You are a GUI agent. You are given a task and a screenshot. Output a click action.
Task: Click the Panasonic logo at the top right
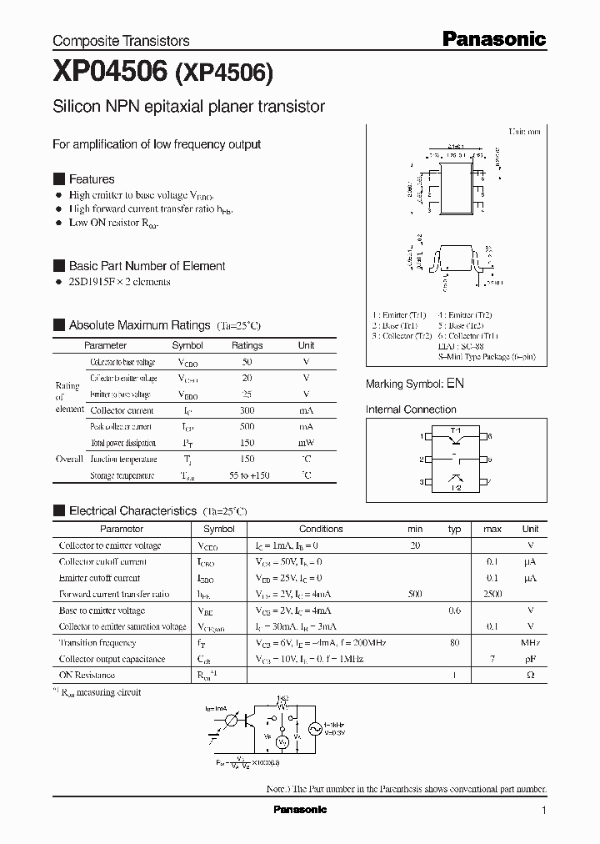493,38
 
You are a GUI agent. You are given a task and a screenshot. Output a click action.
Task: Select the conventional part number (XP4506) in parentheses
223,74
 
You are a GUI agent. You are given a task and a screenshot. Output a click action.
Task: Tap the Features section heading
92,179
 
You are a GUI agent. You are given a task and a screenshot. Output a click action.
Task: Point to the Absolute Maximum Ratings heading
139,325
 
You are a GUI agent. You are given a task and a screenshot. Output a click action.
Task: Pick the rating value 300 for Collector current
247,410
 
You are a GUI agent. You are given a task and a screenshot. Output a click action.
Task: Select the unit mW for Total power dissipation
307,443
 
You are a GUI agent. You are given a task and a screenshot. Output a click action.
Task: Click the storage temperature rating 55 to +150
247,475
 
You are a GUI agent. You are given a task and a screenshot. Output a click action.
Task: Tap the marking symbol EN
455,384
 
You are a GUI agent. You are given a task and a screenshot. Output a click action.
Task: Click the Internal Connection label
411,409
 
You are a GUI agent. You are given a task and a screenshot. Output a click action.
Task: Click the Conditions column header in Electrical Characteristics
321,529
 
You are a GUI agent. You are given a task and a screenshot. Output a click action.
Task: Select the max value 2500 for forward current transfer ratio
492,594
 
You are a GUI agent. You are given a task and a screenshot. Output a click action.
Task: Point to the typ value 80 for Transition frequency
455,643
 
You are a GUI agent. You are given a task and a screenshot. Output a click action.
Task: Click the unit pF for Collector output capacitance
530,659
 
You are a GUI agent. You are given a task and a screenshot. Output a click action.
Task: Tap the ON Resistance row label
87,676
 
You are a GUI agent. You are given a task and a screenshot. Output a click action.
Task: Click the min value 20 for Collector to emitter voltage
415,545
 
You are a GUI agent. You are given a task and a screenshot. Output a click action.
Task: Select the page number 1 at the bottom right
544,811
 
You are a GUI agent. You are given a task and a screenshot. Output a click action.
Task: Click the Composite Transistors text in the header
121,41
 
